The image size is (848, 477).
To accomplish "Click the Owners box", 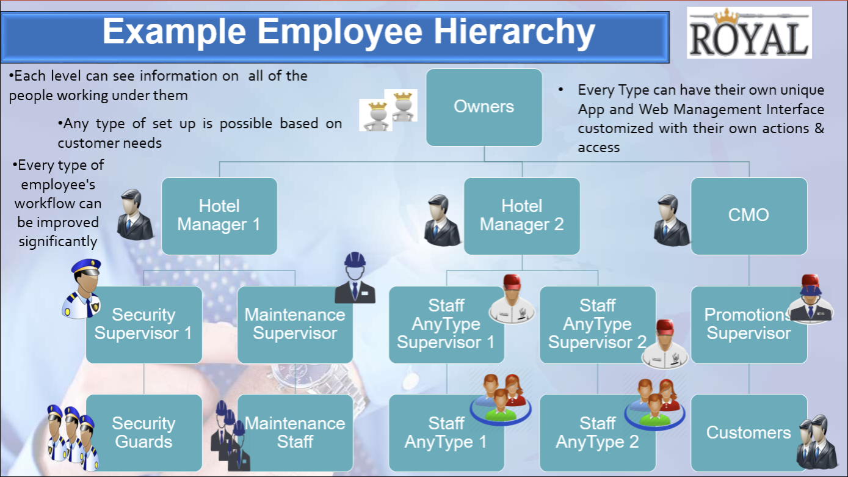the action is point(484,107).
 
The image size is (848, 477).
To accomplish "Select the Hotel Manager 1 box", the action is point(219,216).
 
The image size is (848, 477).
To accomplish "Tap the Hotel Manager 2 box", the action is point(521,216).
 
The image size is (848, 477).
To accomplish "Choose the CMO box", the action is point(749,216).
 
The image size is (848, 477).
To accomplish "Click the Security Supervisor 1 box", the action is point(144,325).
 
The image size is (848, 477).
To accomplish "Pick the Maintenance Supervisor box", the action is point(295,325).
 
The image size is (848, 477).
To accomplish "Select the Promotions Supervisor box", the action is point(749,325).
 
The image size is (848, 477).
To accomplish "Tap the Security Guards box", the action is point(144,432).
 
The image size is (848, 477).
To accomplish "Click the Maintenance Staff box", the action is point(295,432).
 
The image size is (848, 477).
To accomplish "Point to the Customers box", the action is point(749,432).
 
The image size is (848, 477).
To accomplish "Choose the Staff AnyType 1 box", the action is point(446,432).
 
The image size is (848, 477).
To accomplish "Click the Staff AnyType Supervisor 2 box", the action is point(598,325).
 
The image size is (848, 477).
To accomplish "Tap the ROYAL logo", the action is point(749,32).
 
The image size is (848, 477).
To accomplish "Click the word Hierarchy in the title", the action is point(514,32).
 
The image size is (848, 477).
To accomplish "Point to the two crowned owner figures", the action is point(388,111).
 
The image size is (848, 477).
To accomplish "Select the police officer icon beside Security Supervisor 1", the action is point(82,289).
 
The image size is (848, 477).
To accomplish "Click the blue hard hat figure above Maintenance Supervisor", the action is point(355,278).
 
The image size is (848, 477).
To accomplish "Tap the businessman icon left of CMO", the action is point(672,220).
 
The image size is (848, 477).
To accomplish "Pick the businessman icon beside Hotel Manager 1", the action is point(136,215).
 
